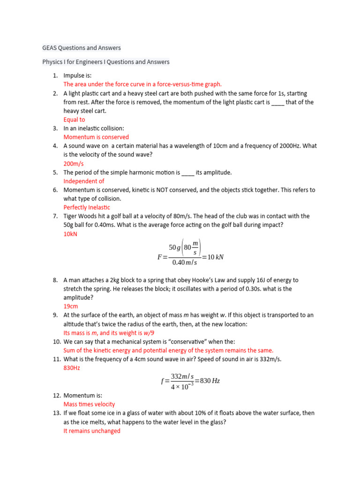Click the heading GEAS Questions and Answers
point(81,48)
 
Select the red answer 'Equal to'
point(74,120)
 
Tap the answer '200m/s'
point(74,164)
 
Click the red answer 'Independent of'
point(84,181)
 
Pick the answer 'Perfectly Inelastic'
point(87,207)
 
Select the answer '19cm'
point(71,306)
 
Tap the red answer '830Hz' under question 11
point(72,368)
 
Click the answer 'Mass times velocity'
point(89,404)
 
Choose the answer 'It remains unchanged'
point(92,431)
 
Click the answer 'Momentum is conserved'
point(96,137)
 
